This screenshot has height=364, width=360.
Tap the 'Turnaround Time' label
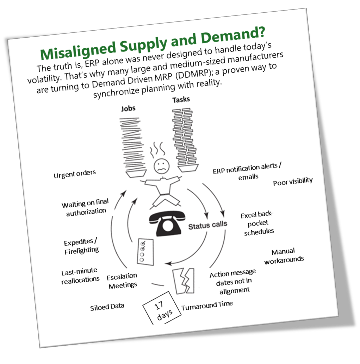tap(207, 306)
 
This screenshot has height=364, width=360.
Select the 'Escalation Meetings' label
tap(122, 281)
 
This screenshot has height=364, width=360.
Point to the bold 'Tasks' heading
tap(181, 100)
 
